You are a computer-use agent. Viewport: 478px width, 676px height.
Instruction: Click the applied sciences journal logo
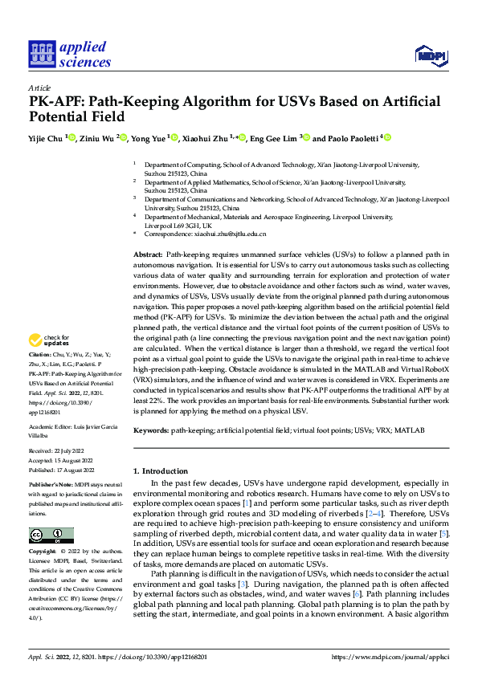tap(70, 52)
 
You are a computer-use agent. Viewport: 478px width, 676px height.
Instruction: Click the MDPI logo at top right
tap(430, 54)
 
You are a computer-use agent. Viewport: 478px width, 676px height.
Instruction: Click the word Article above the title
tap(39, 88)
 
